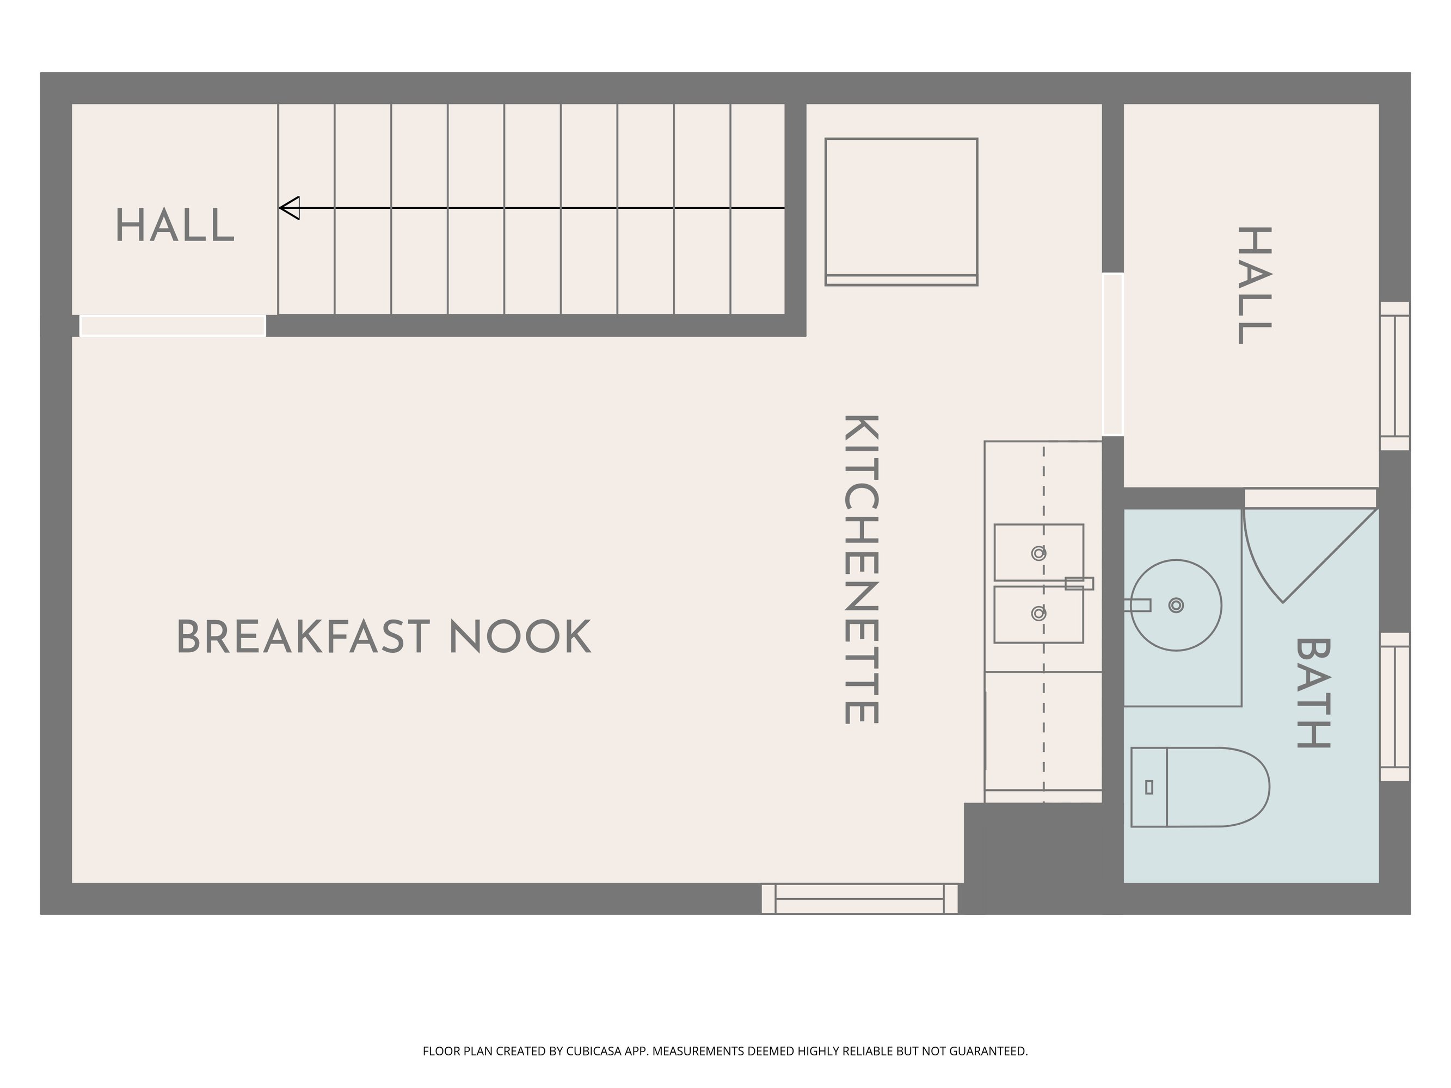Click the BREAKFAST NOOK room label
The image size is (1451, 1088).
coord(384,637)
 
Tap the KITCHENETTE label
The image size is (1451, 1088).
coord(860,569)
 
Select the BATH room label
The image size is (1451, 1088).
coord(1313,693)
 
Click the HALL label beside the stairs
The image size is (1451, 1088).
coord(175,225)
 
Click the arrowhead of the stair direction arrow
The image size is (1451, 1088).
coord(290,208)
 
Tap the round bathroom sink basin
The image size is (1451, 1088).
coord(1176,605)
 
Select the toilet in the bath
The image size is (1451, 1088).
coord(1200,787)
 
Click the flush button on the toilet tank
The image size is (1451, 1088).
coord(1148,787)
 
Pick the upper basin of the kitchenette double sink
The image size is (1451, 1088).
coord(1038,552)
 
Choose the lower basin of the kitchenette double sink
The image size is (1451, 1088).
coord(1038,615)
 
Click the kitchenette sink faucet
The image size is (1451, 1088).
coord(1078,583)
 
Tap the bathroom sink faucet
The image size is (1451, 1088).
coord(1138,605)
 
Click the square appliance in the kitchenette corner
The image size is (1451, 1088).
coord(901,212)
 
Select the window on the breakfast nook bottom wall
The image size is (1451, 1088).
coord(859,899)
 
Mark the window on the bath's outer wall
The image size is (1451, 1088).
coord(1394,706)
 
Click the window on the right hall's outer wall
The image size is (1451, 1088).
coord(1394,376)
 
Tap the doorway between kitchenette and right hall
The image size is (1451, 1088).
coord(1112,354)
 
